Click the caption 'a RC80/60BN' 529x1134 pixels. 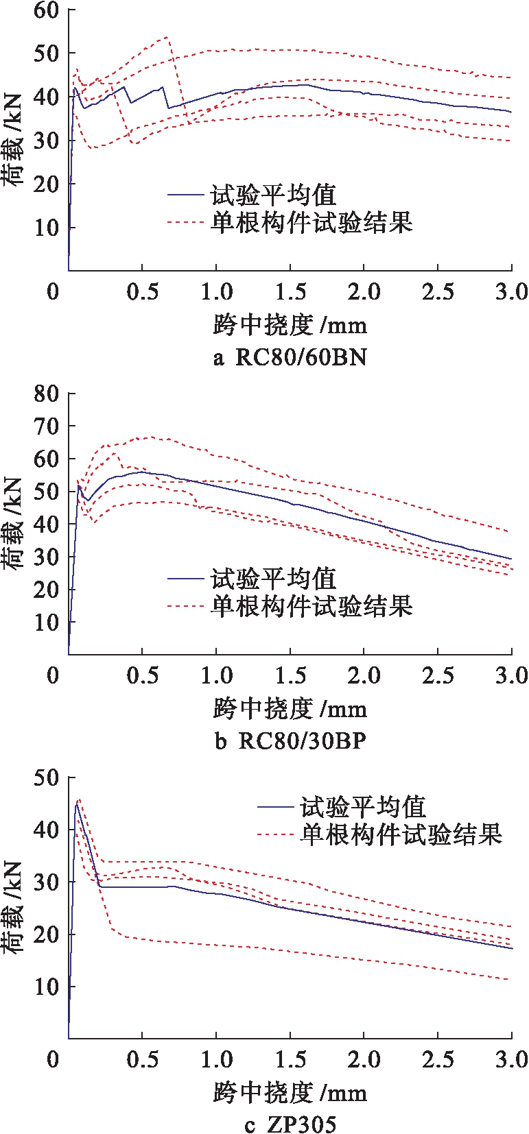coord(290,357)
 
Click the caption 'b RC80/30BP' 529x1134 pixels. coord(290,741)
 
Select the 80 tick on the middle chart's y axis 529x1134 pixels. coord(46,394)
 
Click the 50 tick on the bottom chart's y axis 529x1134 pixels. coord(46,778)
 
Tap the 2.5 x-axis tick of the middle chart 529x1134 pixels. coord(438,675)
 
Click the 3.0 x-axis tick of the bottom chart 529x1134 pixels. coord(511,1059)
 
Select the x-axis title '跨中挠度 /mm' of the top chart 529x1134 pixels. coord(290,325)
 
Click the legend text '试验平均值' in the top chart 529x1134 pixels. coord(273,195)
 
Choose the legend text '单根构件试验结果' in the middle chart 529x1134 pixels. coord(311,606)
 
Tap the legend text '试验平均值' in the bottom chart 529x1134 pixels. coord(363,807)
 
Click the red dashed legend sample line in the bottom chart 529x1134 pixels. coord(276,834)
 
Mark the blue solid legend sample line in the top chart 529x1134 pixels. coord(187,196)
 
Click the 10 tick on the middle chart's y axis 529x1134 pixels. coord(46,623)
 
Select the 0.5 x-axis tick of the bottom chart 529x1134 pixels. coord(142,1059)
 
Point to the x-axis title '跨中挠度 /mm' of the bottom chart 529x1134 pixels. coord(290,1092)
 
